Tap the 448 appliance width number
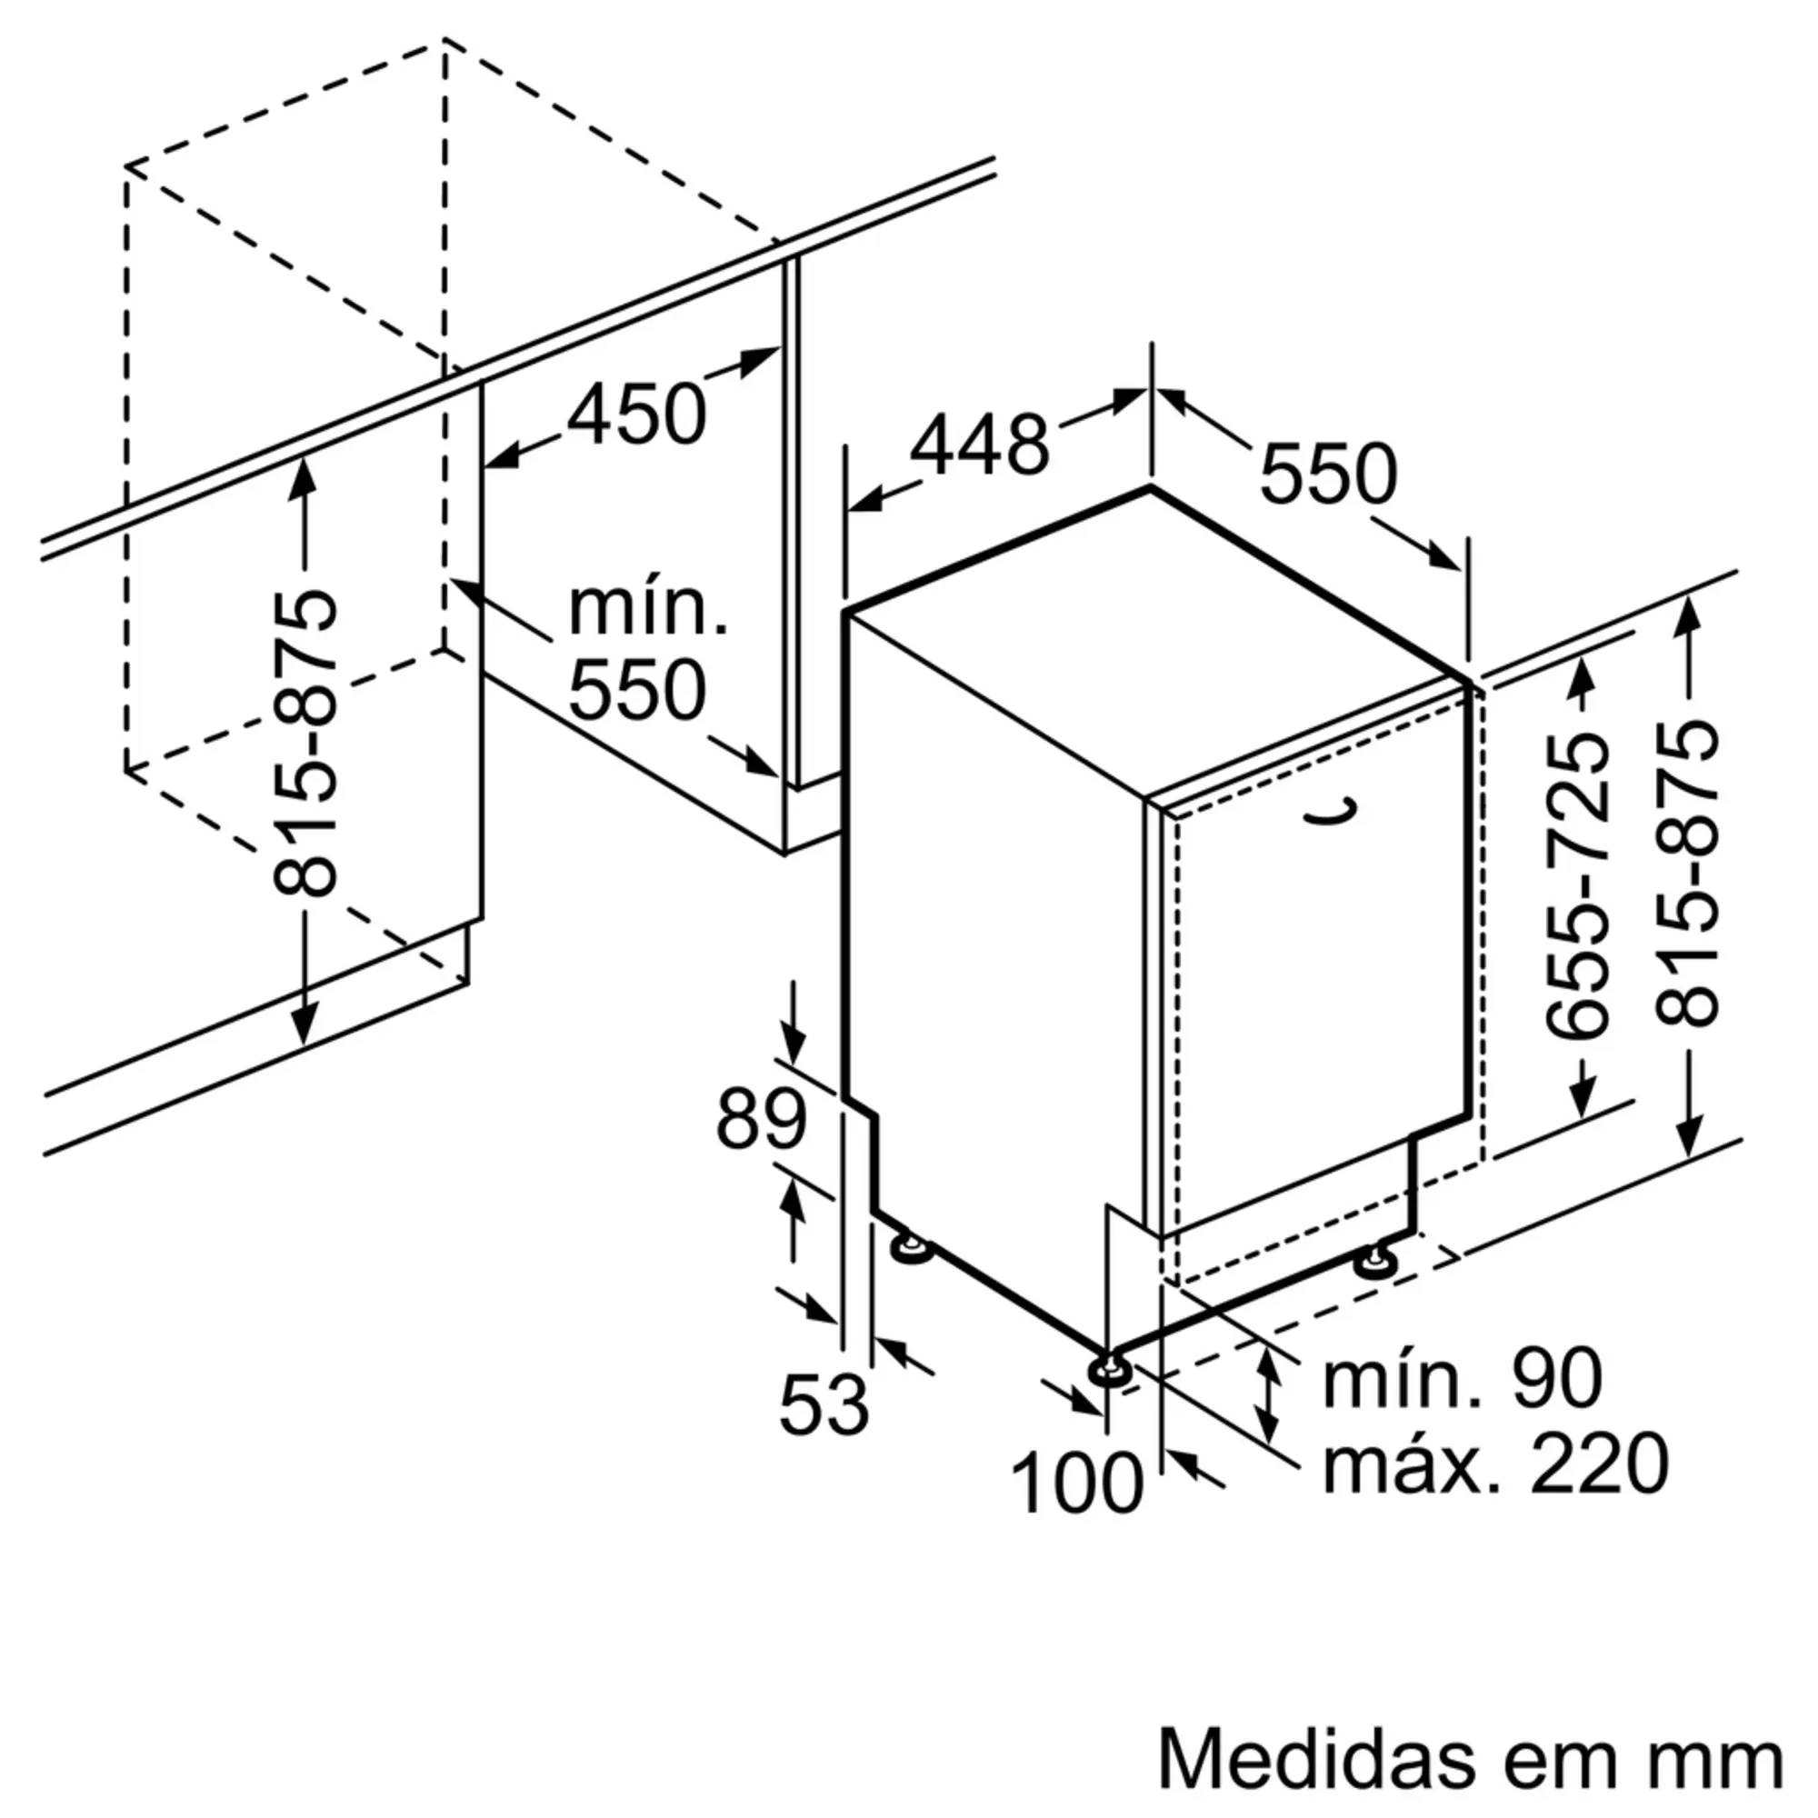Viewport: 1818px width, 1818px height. pos(979,445)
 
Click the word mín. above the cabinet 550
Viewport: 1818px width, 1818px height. pos(648,610)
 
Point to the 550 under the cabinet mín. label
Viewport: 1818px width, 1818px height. pos(637,690)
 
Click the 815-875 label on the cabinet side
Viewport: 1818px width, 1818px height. pos(304,744)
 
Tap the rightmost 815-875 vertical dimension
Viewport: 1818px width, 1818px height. pos(1689,872)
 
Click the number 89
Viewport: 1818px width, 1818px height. pos(761,1120)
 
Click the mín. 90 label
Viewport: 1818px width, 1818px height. pos(1463,1380)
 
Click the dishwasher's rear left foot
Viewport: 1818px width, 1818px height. pos(911,1249)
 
